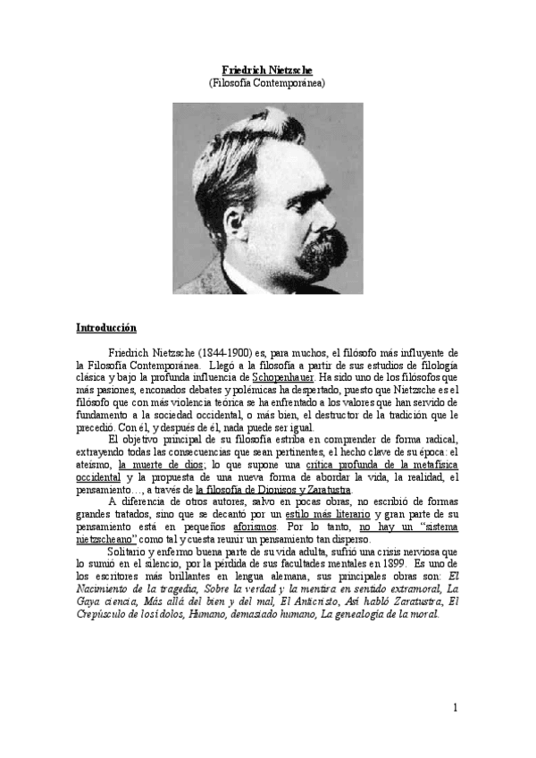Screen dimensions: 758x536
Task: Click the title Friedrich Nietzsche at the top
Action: [x=267, y=70]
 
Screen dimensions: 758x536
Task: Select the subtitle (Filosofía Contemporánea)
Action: [x=267, y=82]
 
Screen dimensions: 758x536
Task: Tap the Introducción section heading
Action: [x=106, y=328]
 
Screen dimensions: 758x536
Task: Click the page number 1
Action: [x=455, y=709]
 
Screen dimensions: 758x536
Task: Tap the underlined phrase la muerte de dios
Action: [x=163, y=465]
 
